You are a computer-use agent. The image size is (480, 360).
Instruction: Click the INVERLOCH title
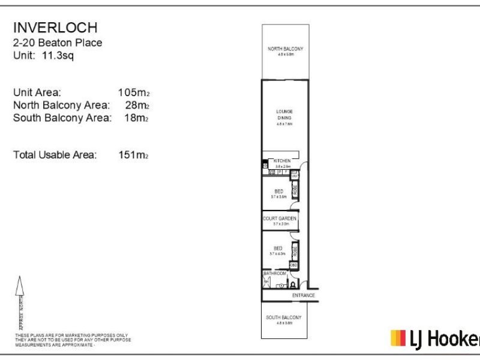point(55,28)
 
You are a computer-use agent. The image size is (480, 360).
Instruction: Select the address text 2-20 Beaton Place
point(58,43)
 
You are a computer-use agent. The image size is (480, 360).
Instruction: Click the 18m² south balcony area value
point(137,118)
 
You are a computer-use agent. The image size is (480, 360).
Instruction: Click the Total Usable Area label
point(55,155)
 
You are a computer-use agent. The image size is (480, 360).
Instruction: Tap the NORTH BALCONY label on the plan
point(285,49)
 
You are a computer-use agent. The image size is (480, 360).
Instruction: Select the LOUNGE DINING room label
point(284,115)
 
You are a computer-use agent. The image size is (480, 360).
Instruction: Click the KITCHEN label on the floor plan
point(282,161)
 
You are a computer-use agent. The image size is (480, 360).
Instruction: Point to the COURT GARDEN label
point(280,219)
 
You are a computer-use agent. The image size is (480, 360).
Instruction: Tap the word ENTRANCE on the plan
point(303,296)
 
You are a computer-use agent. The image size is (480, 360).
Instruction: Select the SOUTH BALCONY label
point(284,317)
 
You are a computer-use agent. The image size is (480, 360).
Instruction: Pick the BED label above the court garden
point(278,191)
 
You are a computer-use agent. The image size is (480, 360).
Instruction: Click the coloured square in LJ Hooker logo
point(398,338)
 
